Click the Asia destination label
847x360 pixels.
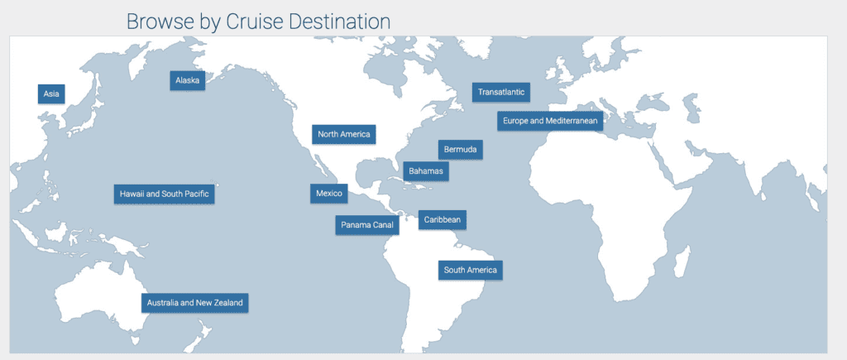click(51, 94)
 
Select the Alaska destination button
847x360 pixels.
click(188, 80)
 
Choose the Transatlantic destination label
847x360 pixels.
click(501, 92)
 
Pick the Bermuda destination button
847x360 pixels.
click(461, 150)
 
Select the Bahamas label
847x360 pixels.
click(426, 171)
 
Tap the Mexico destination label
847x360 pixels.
click(329, 194)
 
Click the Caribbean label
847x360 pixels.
click(443, 219)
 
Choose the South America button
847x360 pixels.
click(470, 270)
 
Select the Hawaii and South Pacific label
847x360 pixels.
click(165, 194)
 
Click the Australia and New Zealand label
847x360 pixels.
click(194, 303)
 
